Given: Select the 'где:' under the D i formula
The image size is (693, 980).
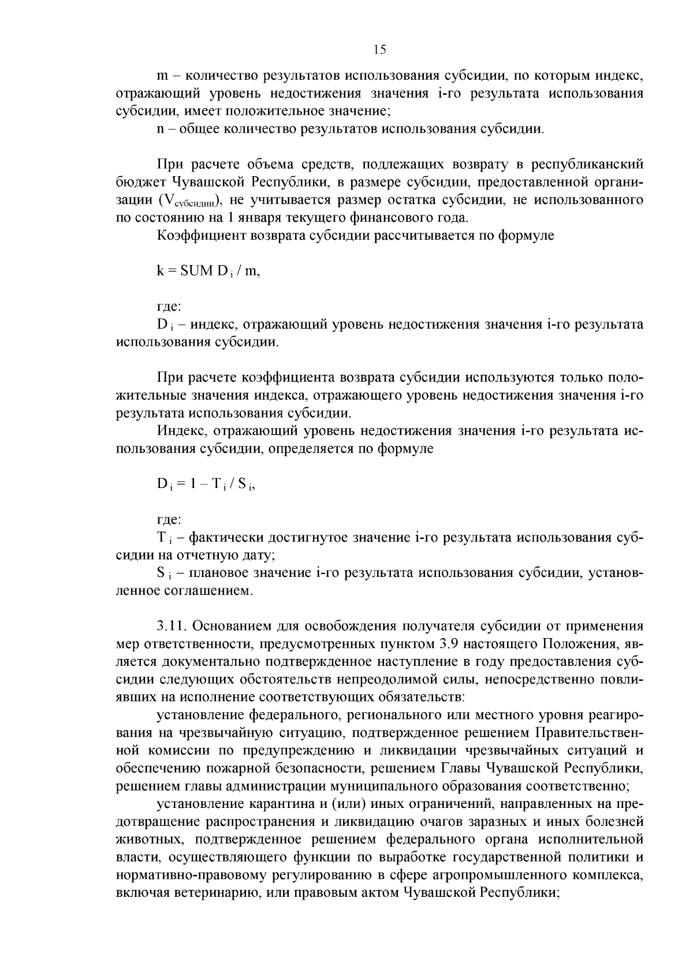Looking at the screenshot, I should point(169,520).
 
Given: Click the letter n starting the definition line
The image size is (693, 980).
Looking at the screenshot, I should point(161,129).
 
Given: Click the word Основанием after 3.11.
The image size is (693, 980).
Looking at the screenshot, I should point(234,626).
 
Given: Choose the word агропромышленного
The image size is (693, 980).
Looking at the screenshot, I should point(491,875).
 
